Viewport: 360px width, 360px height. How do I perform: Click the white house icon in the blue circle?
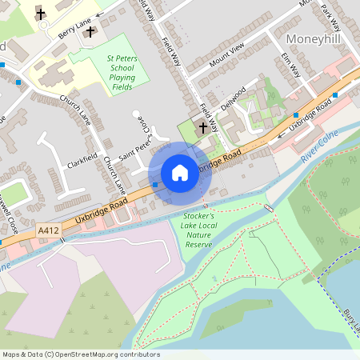pyautogui.click(x=180, y=172)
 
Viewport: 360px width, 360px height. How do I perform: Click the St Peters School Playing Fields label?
pyautogui.click(x=121, y=71)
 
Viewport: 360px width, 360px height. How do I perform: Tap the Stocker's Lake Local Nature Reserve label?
pyautogui.click(x=198, y=230)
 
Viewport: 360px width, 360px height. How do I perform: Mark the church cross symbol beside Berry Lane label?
pyautogui.click(x=90, y=32)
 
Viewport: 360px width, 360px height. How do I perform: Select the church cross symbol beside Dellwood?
pyautogui.click(x=202, y=127)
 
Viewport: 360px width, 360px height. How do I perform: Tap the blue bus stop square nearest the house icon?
pyautogui.click(x=154, y=185)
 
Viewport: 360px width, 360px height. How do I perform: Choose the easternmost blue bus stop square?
pyautogui.click(x=334, y=94)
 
